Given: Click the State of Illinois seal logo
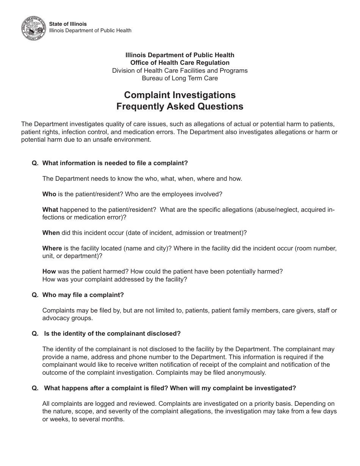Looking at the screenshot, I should pos(34,28).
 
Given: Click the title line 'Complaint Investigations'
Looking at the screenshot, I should pos(180,95).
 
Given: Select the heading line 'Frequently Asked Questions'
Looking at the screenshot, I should pos(180,106).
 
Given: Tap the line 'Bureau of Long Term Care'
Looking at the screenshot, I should pos(180,78).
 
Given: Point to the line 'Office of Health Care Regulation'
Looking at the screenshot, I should pos(180,63).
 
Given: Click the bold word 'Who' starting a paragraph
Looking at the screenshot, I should pos(49,194).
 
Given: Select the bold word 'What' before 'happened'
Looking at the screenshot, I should pos(50,210).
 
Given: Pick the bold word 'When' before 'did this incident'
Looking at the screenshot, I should pos(51,233).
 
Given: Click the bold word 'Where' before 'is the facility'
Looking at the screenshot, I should pos(52,248).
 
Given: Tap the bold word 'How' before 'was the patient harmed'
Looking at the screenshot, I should pos(49,271).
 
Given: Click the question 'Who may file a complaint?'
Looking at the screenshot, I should pos(83,295).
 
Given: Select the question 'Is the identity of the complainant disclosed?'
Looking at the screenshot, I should pos(112,333).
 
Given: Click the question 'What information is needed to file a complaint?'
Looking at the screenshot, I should pos(115,163).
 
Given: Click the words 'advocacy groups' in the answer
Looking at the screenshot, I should pos(67,318).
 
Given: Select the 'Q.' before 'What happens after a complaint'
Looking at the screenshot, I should pos(35,388).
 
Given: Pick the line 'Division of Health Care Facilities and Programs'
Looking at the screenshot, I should pos(180,70).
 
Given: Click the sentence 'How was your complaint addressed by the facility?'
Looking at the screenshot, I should pos(114,279).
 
